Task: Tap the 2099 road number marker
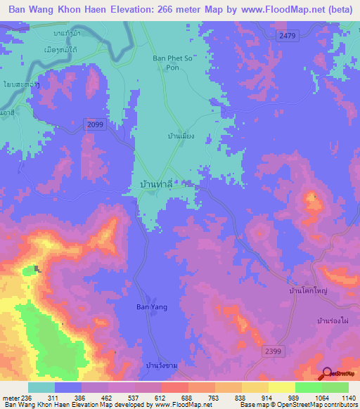(x=96, y=124)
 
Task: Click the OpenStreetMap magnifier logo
(x=326, y=373)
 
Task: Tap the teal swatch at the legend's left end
(x=41, y=387)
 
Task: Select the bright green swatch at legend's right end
(x=335, y=387)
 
